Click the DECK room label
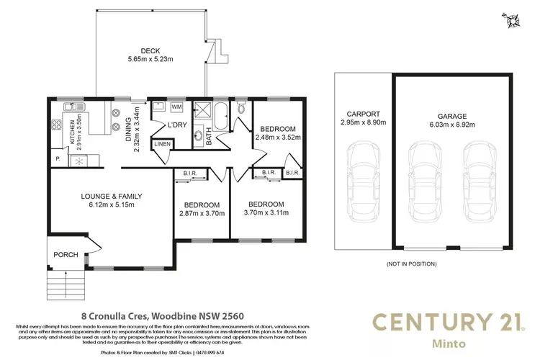click(x=150, y=50)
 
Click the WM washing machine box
click(x=176, y=107)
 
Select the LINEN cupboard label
click(x=162, y=145)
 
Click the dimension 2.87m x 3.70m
click(x=202, y=213)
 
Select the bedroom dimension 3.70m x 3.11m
click(x=265, y=213)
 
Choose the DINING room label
click(x=131, y=124)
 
